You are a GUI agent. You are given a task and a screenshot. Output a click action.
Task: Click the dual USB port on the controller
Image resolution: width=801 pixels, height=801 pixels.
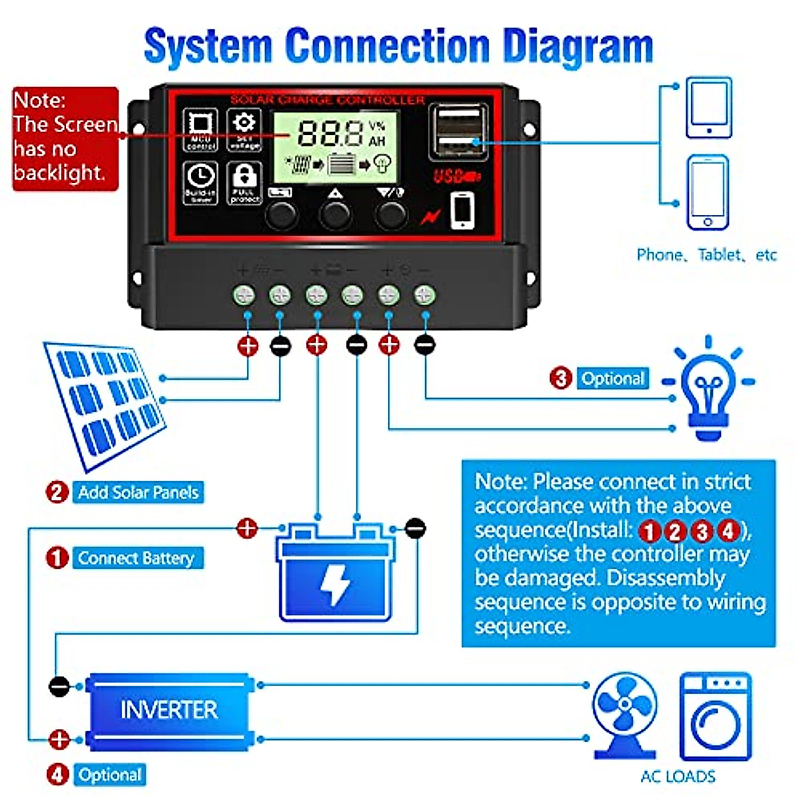[x=457, y=131]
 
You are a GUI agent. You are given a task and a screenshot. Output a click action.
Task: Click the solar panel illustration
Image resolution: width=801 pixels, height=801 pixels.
[x=105, y=401]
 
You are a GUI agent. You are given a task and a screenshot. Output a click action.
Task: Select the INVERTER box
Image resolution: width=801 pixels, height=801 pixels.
[x=169, y=710]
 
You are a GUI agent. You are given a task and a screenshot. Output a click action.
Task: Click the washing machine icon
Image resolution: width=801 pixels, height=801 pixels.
[x=715, y=718]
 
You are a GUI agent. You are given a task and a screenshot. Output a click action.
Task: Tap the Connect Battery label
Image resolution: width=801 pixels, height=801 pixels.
[x=136, y=558]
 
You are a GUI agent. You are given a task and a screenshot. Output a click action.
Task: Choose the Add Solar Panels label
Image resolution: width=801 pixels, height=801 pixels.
[x=138, y=493]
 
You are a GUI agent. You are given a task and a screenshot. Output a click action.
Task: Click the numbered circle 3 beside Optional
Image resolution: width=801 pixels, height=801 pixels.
[x=561, y=378]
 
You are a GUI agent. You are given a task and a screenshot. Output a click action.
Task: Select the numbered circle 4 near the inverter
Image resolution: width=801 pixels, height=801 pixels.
[x=58, y=775]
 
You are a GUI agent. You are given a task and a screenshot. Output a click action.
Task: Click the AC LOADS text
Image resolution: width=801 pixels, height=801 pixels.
[x=678, y=776]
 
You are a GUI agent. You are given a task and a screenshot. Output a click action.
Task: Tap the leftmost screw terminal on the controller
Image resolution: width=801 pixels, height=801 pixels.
[x=244, y=294]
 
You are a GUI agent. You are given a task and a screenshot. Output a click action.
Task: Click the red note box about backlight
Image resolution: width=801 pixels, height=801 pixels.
[x=65, y=139]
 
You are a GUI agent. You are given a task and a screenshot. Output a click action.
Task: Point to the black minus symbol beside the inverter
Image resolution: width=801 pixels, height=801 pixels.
[x=59, y=686]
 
